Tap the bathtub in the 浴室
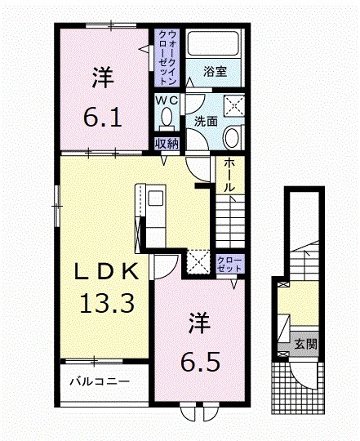pyautogui.click(x=211, y=44)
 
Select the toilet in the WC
pyautogui.click(x=167, y=118)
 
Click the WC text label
pyautogui.click(x=167, y=100)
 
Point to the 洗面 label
pyautogui.click(x=205, y=122)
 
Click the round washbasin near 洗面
pyautogui.click(x=232, y=136)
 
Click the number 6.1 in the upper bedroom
pyautogui.click(x=103, y=117)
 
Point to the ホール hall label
pyautogui.click(x=230, y=175)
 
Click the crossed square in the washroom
pyautogui.click(x=235, y=105)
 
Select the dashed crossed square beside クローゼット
pyautogui.click(x=198, y=261)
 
